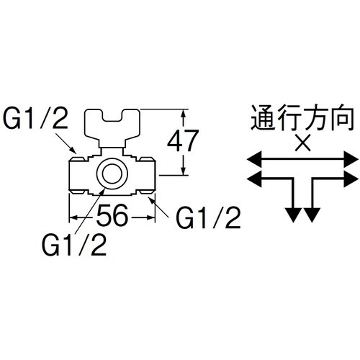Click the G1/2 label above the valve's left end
click(x=35, y=120)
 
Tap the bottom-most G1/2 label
click(x=74, y=246)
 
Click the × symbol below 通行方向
click(x=303, y=143)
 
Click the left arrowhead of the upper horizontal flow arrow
click(x=253, y=157)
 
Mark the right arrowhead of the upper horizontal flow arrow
click(x=352, y=157)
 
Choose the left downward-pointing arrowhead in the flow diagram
click(x=292, y=213)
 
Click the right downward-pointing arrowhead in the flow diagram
click(x=312, y=213)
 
